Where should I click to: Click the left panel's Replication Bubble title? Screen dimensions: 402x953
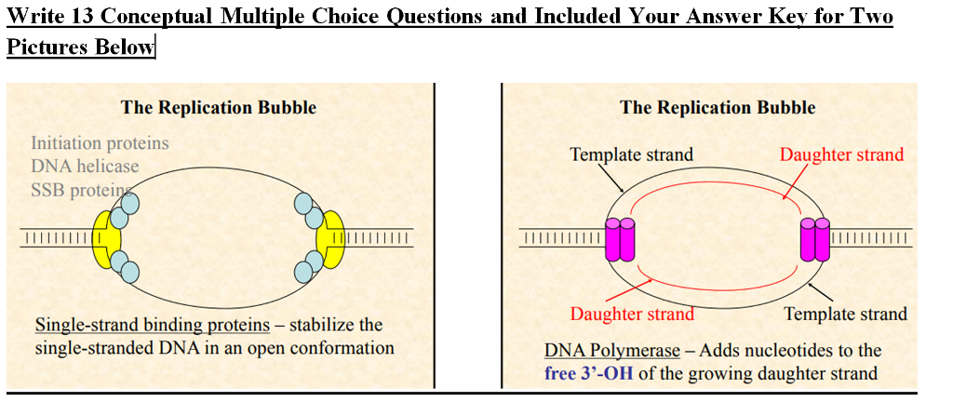pyautogui.click(x=218, y=107)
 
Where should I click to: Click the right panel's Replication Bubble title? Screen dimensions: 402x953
pyautogui.click(x=718, y=107)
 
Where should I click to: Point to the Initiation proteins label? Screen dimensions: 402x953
pyautogui.click(x=100, y=143)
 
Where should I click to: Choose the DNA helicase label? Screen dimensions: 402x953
pyautogui.click(x=85, y=167)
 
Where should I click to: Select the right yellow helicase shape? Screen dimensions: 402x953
pyautogui.click(x=332, y=238)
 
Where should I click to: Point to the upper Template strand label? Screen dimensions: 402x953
pyautogui.click(x=631, y=154)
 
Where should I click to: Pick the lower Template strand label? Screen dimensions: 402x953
pyautogui.click(x=845, y=314)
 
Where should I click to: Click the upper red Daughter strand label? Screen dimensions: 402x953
pyautogui.click(x=841, y=154)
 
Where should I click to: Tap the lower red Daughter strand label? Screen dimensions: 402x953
pyautogui.click(x=632, y=314)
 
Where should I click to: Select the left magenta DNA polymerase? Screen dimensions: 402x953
pyautogui.click(x=620, y=239)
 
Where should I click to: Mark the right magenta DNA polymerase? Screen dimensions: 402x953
pyautogui.click(x=814, y=239)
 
